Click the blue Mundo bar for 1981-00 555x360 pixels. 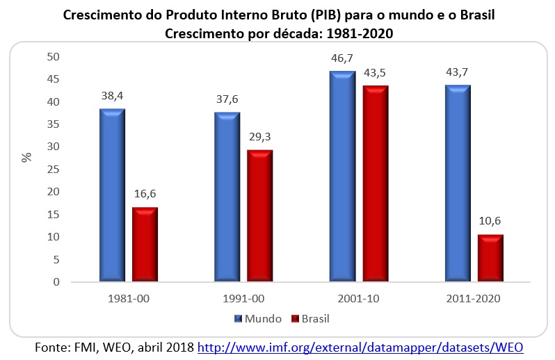click(x=111, y=195)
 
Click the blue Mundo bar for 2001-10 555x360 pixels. click(x=341, y=177)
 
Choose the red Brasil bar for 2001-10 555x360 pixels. click(x=375, y=184)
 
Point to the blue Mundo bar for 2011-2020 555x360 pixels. click(x=456, y=183)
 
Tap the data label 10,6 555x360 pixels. click(x=490, y=221)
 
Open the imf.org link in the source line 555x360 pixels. click(x=360, y=346)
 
